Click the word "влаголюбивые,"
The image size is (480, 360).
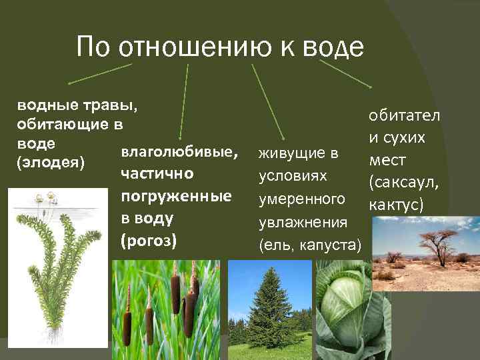point(179,152)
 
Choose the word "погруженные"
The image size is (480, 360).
point(176,196)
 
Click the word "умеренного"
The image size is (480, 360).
point(301,199)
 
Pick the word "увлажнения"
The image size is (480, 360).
point(301,222)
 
